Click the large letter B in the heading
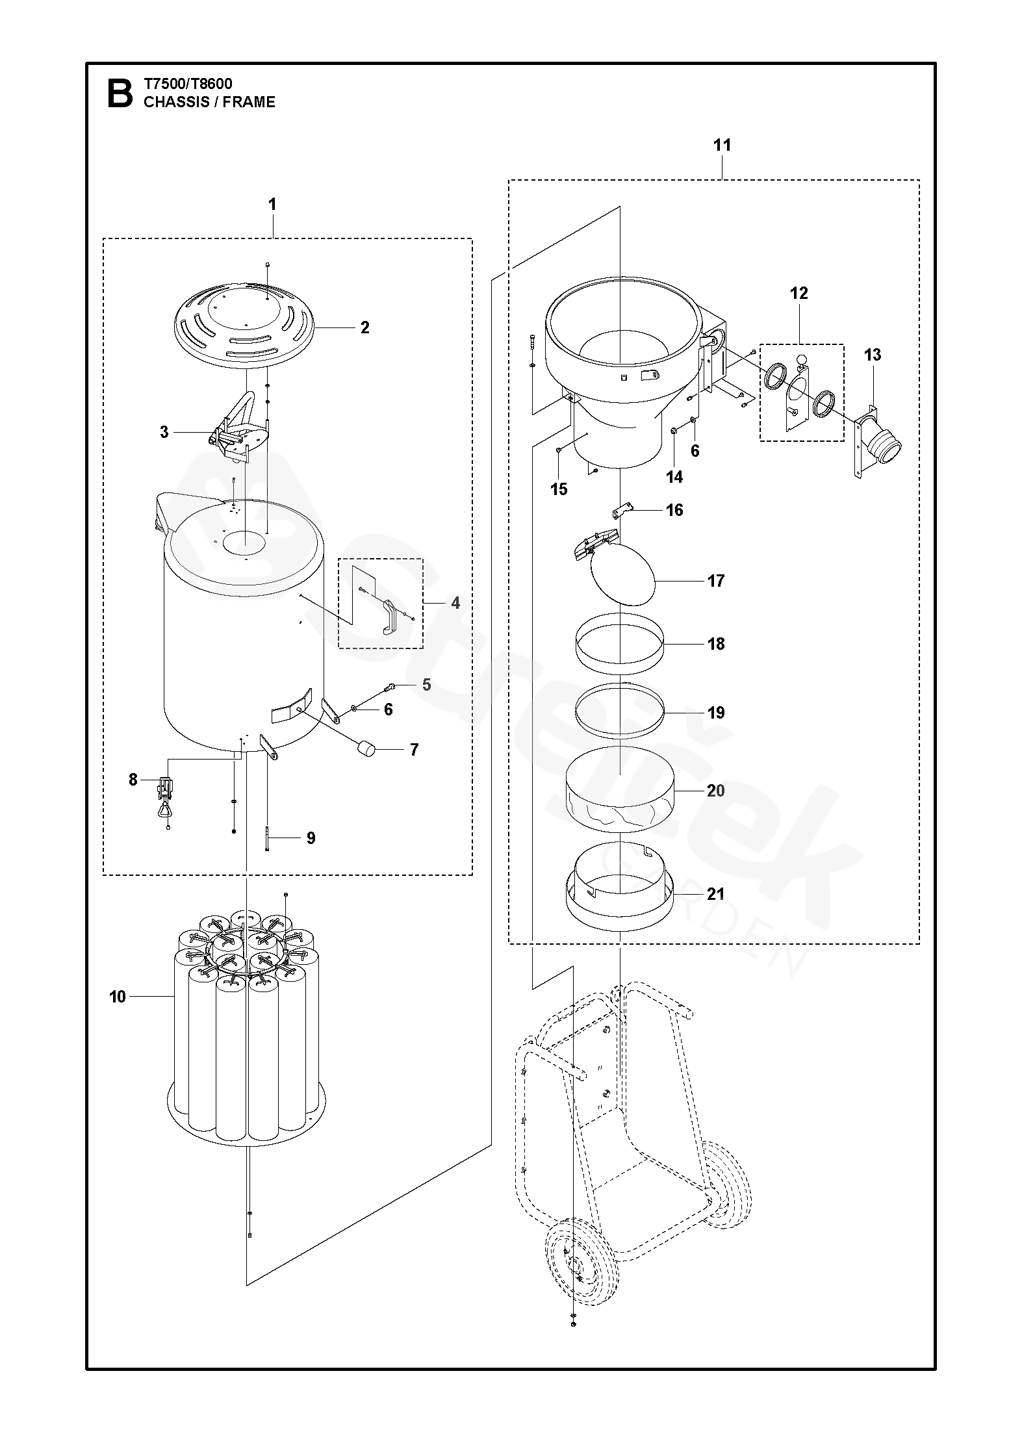point(119,93)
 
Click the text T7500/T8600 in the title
point(188,84)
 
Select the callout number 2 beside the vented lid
point(364,328)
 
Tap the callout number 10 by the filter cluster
point(118,996)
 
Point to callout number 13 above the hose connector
point(873,355)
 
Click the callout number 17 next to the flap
point(715,581)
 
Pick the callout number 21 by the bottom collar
point(715,894)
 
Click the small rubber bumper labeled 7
point(368,748)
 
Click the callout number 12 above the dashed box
point(799,293)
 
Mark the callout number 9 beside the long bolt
point(311,838)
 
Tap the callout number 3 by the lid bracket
point(164,431)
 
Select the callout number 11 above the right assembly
point(722,145)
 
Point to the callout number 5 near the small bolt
point(426,685)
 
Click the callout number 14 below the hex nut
point(674,477)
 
